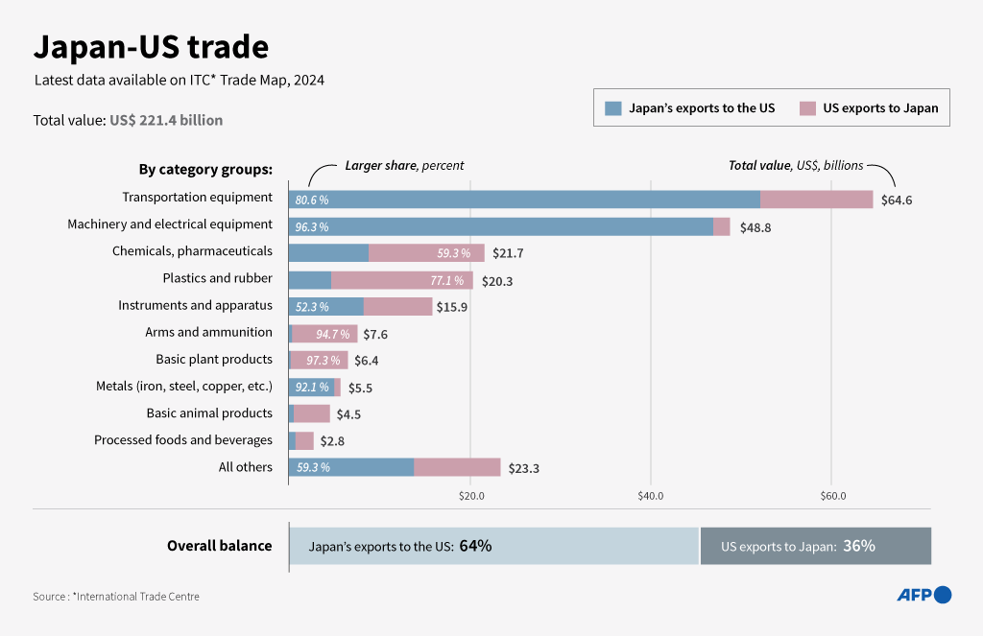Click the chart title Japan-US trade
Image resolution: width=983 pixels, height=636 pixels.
[151, 46]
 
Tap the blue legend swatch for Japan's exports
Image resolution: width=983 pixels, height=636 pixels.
[613, 108]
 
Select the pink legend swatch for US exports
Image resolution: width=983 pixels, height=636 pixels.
[807, 108]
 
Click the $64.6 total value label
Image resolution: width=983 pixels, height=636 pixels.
[896, 200]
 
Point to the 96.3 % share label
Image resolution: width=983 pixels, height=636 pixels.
[312, 227]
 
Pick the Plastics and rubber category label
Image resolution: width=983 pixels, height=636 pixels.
[217, 278]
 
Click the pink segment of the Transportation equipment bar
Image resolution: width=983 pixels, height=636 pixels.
[816, 200]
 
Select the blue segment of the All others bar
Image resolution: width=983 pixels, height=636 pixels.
[351, 467]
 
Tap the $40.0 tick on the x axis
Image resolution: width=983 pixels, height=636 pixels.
[651, 496]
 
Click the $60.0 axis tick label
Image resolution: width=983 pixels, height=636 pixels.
[832, 496]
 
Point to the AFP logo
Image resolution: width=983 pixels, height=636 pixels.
[923, 595]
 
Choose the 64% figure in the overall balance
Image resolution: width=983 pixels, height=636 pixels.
[475, 546]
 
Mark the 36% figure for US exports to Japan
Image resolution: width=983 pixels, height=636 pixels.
[858, 546]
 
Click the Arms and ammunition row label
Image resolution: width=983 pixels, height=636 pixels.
[208, 332]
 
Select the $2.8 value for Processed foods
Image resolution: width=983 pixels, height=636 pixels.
[333, 441]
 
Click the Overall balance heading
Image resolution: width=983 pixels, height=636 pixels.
[219, 546]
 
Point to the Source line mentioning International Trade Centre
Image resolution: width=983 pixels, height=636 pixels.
[116, 597]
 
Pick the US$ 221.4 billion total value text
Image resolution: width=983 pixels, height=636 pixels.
[166, 120]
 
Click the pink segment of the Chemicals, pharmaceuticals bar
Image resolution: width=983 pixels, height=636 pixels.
[426, 253]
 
